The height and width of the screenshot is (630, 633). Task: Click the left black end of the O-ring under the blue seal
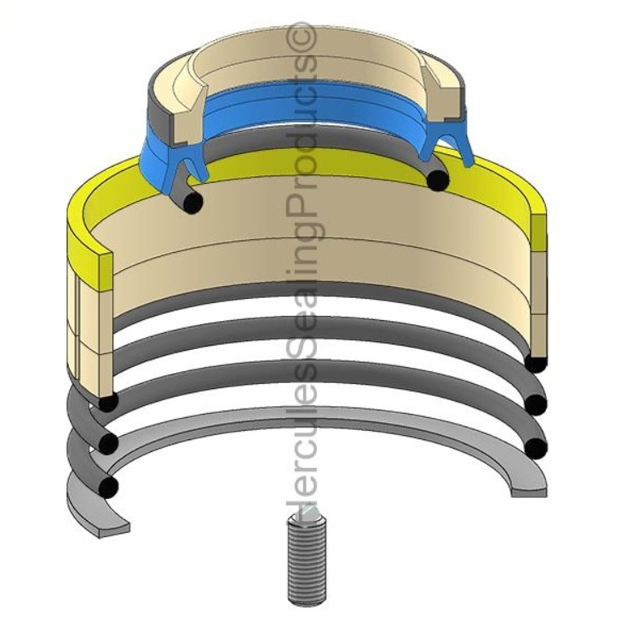[193, 203]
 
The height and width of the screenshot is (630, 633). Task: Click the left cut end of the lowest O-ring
[108, 486]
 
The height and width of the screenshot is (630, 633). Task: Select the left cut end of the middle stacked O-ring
[108, 443]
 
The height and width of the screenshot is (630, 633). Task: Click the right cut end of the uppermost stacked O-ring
[535, 364]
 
